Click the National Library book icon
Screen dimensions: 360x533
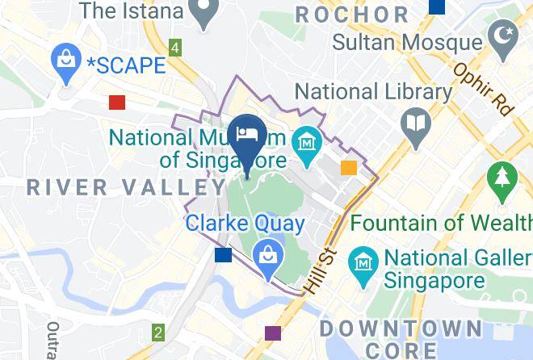tap(416, 125)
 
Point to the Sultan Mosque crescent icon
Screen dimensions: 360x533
tap(502, 37)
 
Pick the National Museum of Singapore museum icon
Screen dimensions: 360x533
tap(307, 141)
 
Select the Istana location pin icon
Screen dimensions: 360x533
tap(205, 10)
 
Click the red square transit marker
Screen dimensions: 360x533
tap(117, 102)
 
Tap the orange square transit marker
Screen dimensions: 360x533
tap(349, 168)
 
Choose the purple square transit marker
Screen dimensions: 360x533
tap(273, 333)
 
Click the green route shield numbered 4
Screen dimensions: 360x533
tap(175, 48)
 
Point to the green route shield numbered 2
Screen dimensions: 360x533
tap(158, 332)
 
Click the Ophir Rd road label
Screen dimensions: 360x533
tap(483, 90)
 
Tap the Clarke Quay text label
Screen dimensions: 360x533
tap(246, 224)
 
